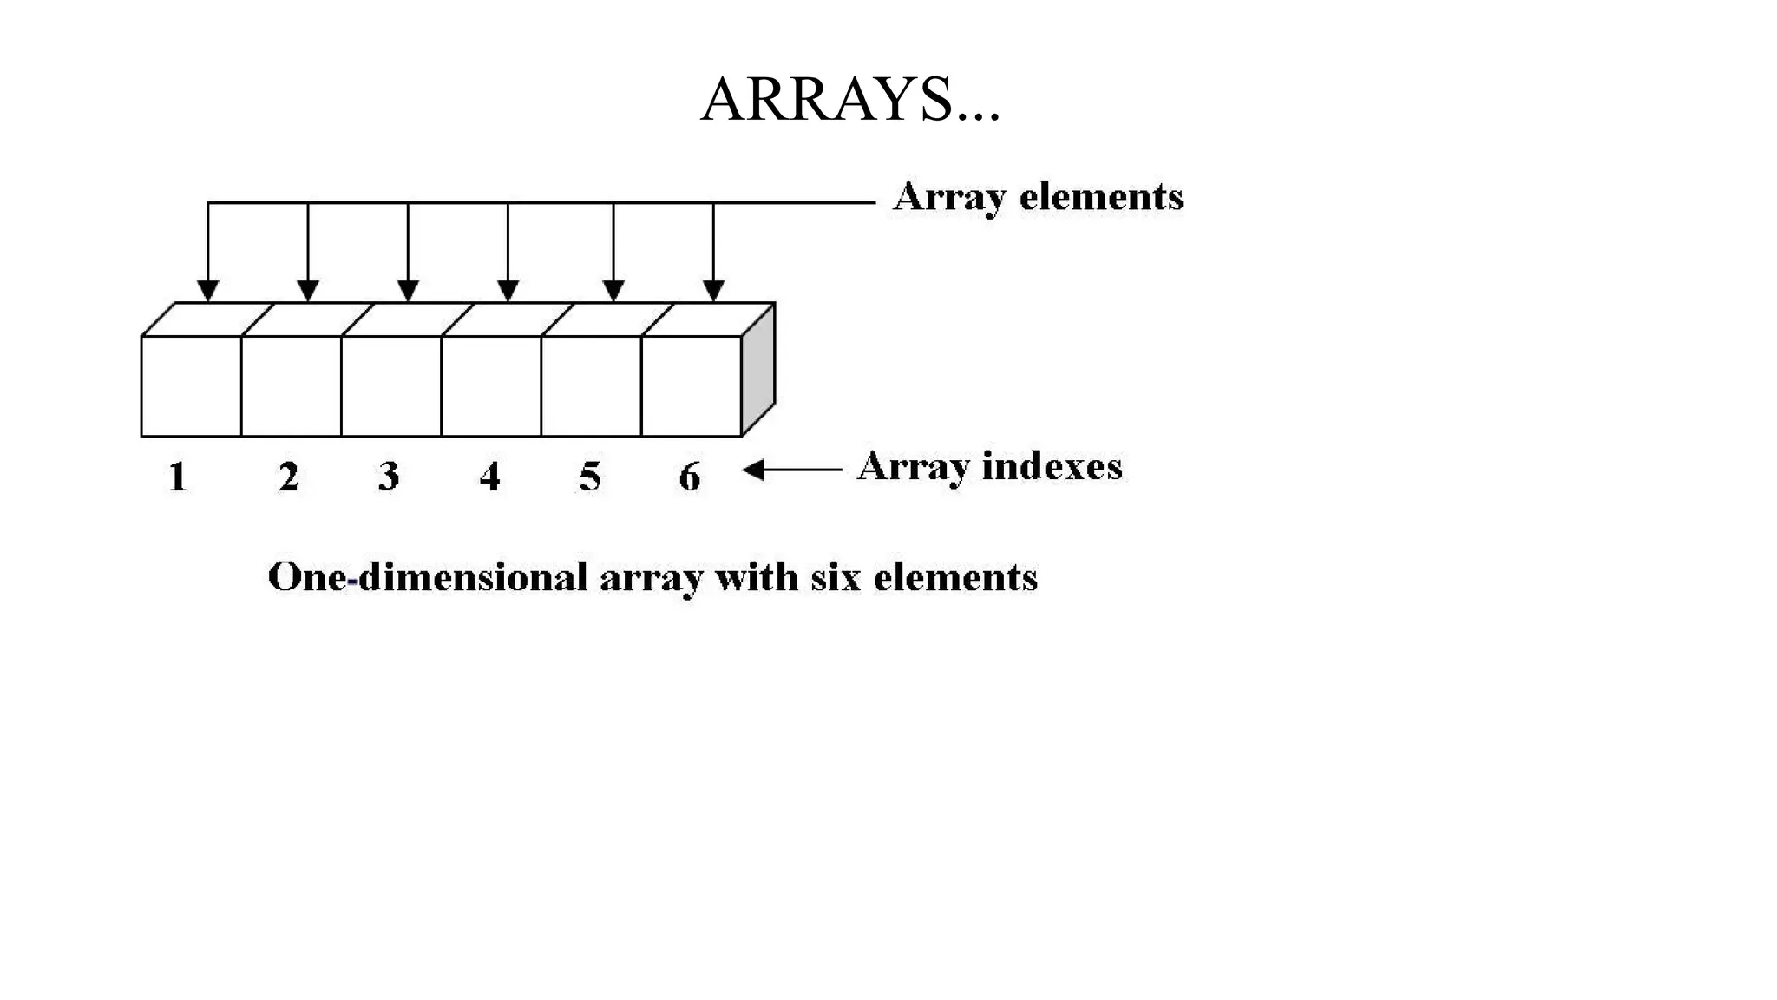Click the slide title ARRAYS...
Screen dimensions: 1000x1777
click(849, 99)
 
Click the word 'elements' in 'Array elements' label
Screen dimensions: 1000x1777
click(1100, 196)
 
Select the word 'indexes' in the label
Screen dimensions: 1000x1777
click(1052, 466)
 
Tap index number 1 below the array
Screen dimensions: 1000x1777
click(178, 477)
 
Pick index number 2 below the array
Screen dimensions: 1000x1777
click(289, 477)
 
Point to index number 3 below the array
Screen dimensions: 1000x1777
click(389, 477)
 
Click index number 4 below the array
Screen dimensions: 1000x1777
click(490, 477)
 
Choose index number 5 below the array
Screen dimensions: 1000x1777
click(590, 477)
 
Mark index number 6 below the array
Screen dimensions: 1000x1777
click(690, 477)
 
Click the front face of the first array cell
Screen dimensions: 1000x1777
click(191, 385)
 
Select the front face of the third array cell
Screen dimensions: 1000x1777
click(391, 385)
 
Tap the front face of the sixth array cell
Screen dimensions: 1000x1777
click(692, 385)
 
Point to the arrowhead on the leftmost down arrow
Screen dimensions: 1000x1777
click(207, 290)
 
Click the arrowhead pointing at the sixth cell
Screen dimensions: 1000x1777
click(713, 290)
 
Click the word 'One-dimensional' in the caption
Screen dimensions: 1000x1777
click(428, 577)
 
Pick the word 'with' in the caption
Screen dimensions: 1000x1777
click(756, 577)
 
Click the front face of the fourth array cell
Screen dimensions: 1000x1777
click(491, 385)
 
